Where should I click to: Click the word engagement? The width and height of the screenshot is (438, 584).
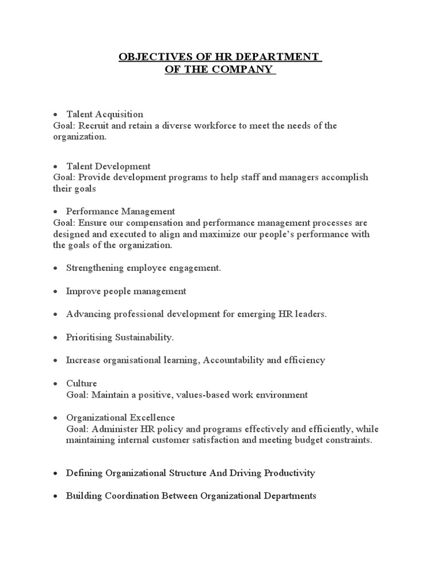pyautogui.click(x=192, y=268)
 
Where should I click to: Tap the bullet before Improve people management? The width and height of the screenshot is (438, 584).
pyautogui.click(x=55, y=291)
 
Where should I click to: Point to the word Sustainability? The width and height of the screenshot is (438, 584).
pyautogui.click(x=145, y=337)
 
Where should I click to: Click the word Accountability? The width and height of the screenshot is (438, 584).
pyautogui.click(x=238, y=360)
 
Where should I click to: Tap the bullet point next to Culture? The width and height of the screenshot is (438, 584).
pyautogui.click(x=55, y=383)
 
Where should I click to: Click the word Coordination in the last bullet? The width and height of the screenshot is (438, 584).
pyautogui.click(x=122, y=496)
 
